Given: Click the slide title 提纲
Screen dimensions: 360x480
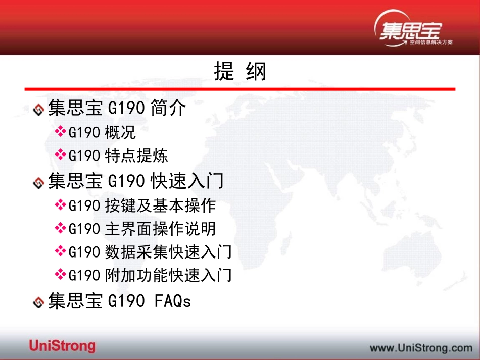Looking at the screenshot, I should (x=240, y=72).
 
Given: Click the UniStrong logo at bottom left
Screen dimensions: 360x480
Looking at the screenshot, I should (x=62, y=346).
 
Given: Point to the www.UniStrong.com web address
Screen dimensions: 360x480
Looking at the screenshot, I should (x=421, y=347).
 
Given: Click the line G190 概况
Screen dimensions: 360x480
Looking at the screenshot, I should (x=102, y=133).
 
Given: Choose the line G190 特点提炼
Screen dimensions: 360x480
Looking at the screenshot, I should (x=118, y=156).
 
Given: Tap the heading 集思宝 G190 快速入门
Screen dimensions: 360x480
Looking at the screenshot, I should (x=135, y=181).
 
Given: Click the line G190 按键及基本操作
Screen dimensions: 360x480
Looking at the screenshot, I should (x=142, y=205).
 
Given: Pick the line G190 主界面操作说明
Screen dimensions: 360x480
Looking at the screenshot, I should (x=142, y=229).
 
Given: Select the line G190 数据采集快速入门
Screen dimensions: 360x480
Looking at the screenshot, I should (x=150, y=251).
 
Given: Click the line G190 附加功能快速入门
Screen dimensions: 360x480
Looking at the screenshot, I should (x=150, y=275).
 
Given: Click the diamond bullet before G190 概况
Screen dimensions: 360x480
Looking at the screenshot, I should (x=60, y=132).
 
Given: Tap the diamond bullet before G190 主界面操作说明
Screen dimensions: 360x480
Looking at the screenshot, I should (x=60, y=228).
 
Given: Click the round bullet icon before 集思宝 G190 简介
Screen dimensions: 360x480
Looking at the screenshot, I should (x=38, y=109).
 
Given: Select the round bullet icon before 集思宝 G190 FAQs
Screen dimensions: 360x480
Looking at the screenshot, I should (x=38, y=302).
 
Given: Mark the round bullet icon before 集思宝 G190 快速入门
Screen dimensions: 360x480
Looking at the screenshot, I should (x=38, y=182).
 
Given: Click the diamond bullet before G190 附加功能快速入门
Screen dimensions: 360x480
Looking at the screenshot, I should (x=60, y=275).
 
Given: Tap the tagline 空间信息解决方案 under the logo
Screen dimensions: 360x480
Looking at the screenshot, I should (x=431, y=42).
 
